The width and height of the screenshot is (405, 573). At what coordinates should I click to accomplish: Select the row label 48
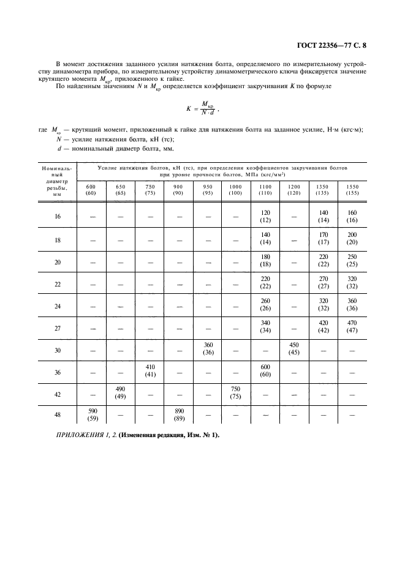(x=58, y=414)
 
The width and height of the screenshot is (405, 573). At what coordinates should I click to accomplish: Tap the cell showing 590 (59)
(x=91, y=414)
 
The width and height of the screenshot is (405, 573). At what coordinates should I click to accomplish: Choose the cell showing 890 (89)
(x=178, y=414)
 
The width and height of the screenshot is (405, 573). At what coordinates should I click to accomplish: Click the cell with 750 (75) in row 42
(x=235, y=392)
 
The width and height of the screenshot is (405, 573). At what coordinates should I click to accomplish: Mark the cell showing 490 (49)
(x=120, y=392)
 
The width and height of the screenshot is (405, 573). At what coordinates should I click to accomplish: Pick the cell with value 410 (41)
(x=150, y=371)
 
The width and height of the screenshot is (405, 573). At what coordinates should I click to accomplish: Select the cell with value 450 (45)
(x=294, y=349)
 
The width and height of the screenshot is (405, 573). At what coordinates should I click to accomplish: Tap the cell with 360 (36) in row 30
(x=207, y=349)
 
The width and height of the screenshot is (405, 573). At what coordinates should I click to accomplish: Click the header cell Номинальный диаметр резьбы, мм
(x=57, y=181)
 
